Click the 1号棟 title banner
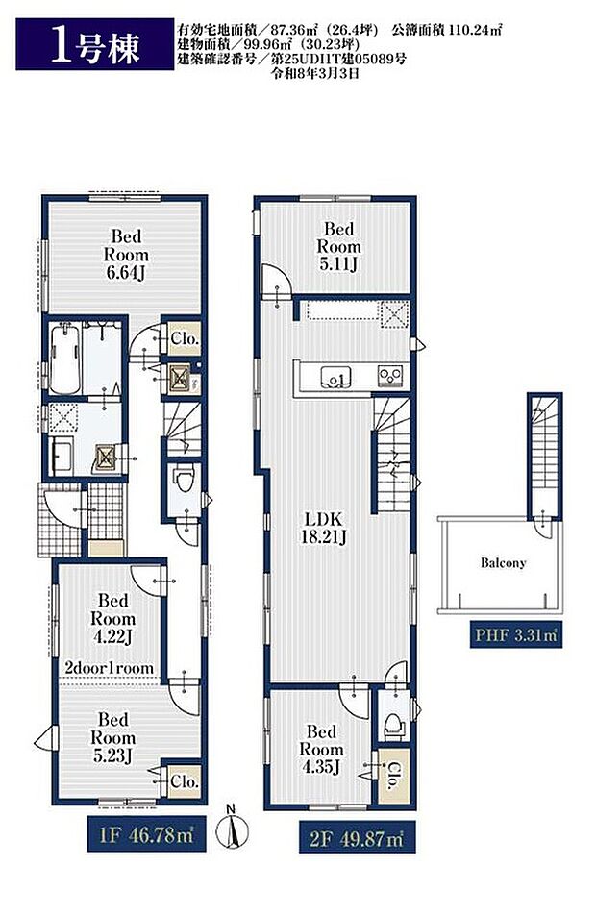tap(94, 44)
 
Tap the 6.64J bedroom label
tap(126, 255)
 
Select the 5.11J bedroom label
tap(339, 246)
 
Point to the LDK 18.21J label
tap(323, 528)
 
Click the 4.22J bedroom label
tap(112, 619)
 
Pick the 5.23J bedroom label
tap(112, 737)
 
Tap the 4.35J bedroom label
tap(321, 750)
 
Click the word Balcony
tap(503, 563)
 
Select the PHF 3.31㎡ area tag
tap(516, 634)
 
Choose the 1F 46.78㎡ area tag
tap(146, 835)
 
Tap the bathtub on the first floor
tap(64, 359)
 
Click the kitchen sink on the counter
tap(335, 378)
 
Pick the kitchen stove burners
tap(390, 375)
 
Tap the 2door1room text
tap(110, 668)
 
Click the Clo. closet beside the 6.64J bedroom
tap(185, 338)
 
